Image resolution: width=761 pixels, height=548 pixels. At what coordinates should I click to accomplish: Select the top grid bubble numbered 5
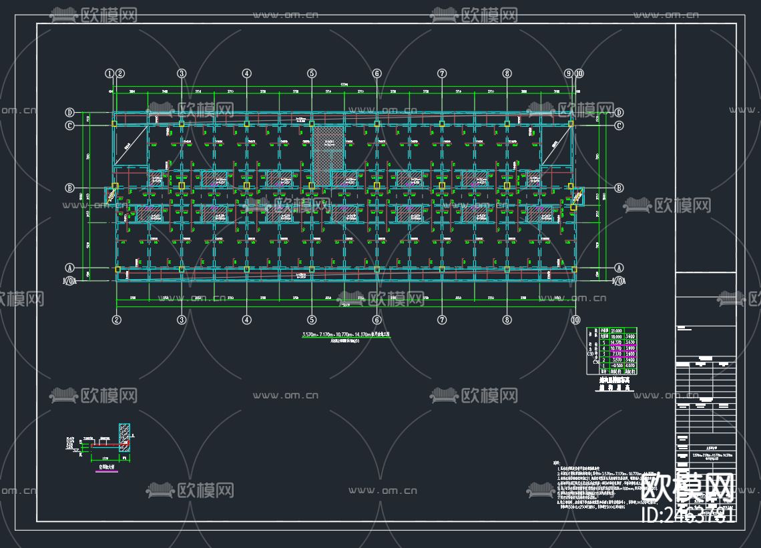coord(312,73)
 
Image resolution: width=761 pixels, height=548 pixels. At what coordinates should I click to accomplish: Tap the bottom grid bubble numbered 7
coord(442,320)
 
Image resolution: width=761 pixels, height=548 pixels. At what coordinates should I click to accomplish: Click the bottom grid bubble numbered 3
coord(182,320)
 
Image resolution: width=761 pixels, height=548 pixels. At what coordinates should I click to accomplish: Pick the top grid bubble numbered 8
coord(507,73)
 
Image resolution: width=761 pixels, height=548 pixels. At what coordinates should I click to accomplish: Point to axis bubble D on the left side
coord(69,112)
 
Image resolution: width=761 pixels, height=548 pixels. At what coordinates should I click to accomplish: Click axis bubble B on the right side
coord(619,188)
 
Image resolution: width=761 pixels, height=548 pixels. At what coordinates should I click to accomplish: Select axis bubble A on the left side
coord(69,268)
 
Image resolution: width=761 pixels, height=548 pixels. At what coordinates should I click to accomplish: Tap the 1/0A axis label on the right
coord(619,282)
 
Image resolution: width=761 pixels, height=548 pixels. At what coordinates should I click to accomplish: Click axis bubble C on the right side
coord(619,125)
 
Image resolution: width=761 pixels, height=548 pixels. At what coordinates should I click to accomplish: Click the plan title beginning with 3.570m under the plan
coord(344,334)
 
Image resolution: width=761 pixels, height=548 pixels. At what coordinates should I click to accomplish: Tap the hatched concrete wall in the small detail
coord(124,440)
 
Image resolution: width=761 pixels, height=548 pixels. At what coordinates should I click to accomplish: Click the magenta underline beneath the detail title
coord(106,473)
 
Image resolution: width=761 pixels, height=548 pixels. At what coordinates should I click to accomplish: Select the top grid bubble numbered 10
coord(579,73)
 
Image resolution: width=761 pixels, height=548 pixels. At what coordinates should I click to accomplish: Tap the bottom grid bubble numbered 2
coord(117,320)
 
